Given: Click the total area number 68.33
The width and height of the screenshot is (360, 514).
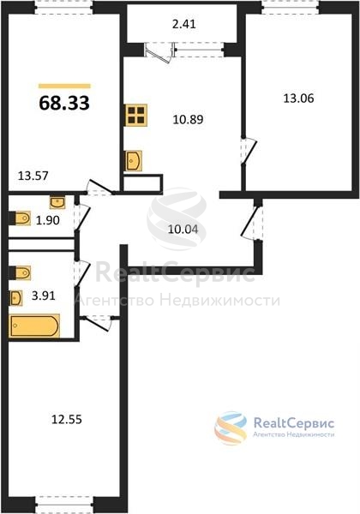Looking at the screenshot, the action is tap(64, 103).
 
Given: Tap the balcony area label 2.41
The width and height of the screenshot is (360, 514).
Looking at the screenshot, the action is tap(184, 24).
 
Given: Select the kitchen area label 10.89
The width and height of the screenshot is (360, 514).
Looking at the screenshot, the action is tap(189, 119).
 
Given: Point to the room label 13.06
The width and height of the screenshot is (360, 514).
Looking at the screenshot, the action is tap(298, 98).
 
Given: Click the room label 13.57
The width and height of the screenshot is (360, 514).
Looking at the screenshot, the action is tap(33, 176).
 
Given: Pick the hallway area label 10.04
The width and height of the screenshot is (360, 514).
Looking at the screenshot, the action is tap(183, 229).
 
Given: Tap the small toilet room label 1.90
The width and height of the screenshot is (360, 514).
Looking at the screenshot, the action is tap(48, 220).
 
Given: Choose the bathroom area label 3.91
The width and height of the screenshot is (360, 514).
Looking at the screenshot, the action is tap(44, 296).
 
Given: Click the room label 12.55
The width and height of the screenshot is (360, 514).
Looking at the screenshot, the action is tap(67, 419).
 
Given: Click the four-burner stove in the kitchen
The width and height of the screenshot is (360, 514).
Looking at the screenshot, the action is tap(135, 115).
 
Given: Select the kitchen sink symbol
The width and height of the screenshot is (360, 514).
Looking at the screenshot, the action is tap(134, 161).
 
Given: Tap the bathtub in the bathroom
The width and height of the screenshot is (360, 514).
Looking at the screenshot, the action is tap(34, 326).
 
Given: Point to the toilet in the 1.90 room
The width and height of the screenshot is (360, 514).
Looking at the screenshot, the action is tap(20, 218).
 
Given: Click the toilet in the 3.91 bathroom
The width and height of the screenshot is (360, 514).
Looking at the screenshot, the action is tap(20, 272).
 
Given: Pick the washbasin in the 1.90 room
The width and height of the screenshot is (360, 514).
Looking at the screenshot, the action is tap(57, 202).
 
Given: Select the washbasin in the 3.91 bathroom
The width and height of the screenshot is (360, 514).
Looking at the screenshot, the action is tap(15, 298).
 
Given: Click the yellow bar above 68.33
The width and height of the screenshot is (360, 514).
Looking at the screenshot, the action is tap(64, 87).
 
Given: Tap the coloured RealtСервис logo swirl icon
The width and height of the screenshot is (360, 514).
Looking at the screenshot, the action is tap(231, 428).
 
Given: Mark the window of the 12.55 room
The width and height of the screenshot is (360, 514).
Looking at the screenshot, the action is tap(64, 505).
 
